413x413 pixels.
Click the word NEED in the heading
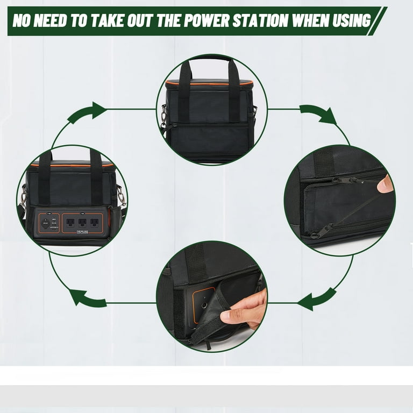click(56, 21)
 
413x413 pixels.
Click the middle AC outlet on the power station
click(82, 222)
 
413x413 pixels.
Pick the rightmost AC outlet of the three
click(94, 222)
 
